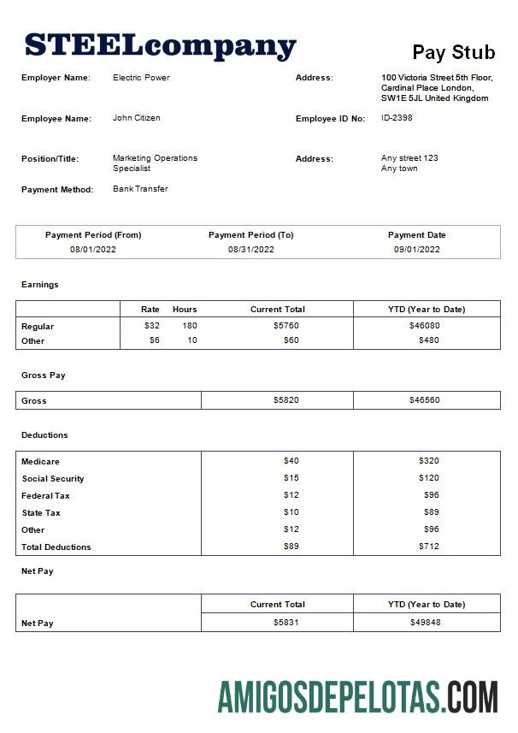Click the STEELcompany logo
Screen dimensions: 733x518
point(160,45)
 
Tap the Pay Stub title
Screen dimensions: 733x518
point(453,52)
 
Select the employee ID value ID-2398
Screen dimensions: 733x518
point(397,118)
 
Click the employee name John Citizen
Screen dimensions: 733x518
point(136,118)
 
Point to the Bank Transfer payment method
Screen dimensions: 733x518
point(140,189)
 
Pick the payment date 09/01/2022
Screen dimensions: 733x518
point(416,250)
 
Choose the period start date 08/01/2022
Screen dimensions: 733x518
point(93,250)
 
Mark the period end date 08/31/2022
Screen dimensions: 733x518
point(251,250)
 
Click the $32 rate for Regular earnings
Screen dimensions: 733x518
point(152,326)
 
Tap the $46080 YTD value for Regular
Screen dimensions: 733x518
point(425,326)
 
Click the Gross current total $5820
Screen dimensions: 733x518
point(285,400)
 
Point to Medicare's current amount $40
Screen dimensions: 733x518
point(291,461)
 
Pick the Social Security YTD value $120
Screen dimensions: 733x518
point(428,478)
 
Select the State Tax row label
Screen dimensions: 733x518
point(41,513)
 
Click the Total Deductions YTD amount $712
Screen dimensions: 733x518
point(428,547)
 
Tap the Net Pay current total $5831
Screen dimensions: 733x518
point(285,623)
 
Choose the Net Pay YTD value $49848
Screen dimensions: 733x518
point(425,623)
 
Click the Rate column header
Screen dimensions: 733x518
point(150,309)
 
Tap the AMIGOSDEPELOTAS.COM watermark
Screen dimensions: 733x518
point(357,697)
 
